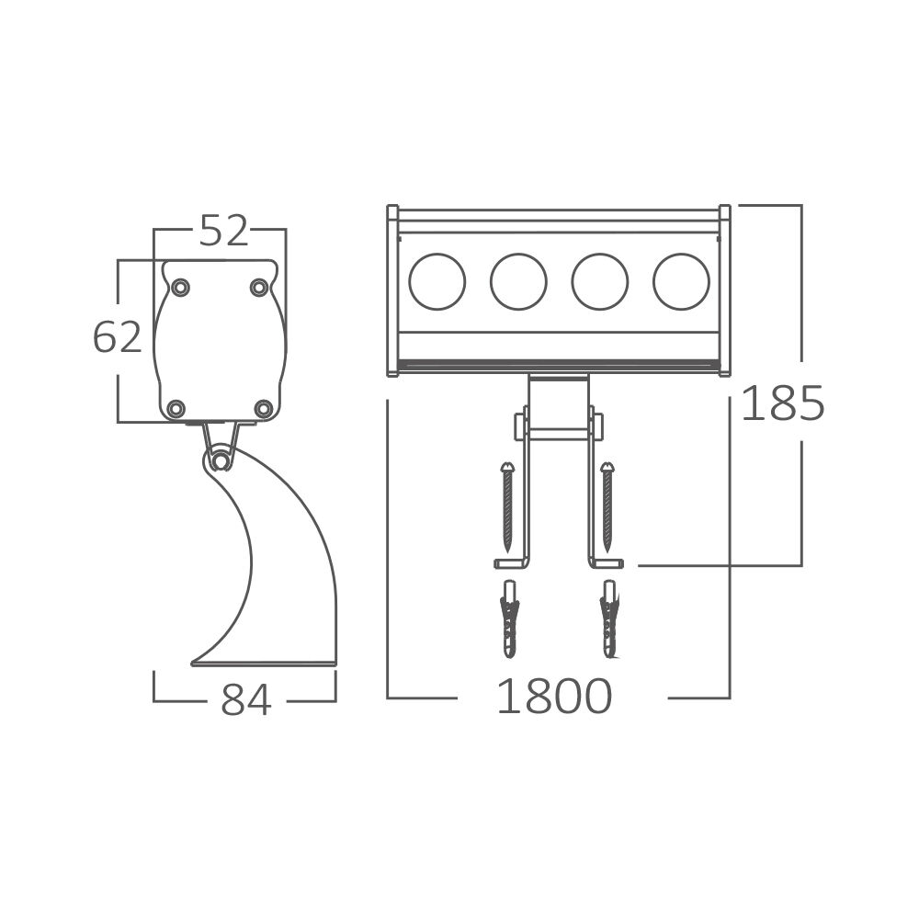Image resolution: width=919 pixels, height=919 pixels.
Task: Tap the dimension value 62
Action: pos(118,337)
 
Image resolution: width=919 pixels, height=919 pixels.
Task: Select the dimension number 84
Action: pos(246,700)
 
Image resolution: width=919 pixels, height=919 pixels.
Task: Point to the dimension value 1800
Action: pos(554,697)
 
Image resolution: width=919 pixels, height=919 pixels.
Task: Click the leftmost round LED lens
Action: pos(437,281)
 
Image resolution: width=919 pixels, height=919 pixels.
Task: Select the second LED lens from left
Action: pos(518,281)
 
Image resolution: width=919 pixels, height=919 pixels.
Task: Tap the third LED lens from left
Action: pos(599,281)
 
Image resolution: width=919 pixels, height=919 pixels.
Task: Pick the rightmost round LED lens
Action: pos(681,281)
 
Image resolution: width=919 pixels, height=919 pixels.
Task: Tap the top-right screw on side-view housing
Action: pos(259,288)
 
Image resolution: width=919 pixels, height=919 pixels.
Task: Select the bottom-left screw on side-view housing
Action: pos(176,407)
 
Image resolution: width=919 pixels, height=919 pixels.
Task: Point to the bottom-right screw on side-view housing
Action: pos(263,407)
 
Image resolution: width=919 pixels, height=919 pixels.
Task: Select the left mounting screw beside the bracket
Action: pos(506,506)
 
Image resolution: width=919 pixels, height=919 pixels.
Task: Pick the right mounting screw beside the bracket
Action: pos(607,506)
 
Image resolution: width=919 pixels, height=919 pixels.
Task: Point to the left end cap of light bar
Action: pos(392,290)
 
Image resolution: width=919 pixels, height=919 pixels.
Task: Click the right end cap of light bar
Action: pos(724,290)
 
